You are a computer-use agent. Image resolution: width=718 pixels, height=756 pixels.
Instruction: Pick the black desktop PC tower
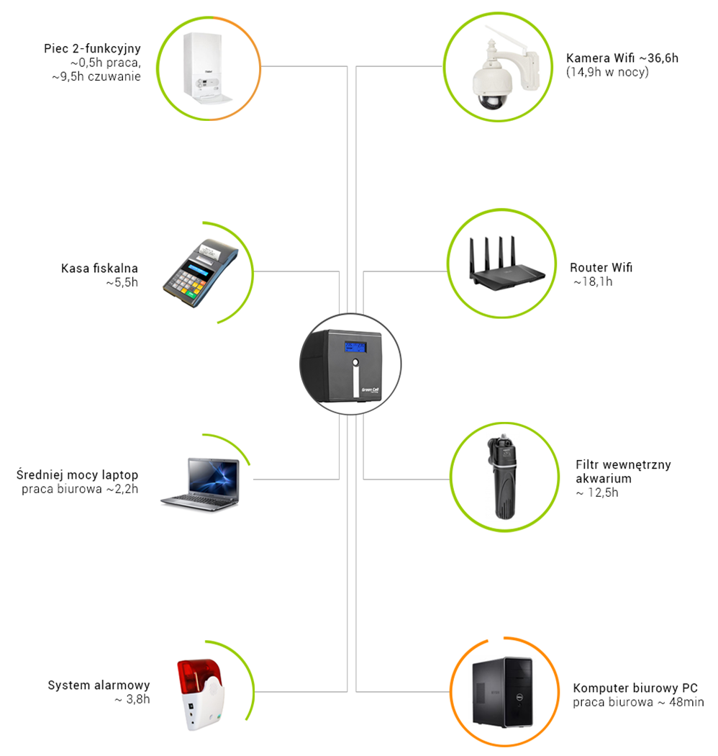501,690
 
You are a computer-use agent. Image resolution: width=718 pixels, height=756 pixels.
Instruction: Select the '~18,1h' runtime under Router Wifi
594,282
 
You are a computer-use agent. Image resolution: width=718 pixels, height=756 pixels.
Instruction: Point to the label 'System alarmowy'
99,685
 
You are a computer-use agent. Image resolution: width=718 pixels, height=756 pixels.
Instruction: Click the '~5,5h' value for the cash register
120,283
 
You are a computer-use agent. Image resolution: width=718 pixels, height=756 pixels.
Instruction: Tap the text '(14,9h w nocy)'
607,72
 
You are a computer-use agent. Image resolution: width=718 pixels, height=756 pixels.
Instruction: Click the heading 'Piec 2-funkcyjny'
91,49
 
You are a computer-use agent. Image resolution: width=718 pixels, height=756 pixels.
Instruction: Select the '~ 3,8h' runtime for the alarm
132,699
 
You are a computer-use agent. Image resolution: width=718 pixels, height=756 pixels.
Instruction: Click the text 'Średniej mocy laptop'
77,474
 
